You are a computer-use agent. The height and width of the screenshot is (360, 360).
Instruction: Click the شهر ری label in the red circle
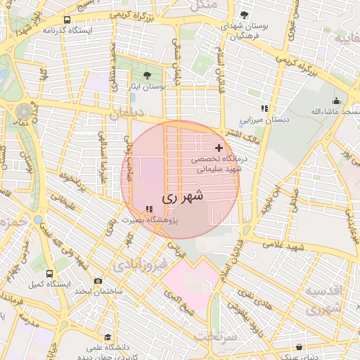tap(182, 198)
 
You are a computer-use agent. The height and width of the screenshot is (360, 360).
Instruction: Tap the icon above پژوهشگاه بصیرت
tap(148, 209)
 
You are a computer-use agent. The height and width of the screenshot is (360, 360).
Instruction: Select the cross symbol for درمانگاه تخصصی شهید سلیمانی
tap(219, 148)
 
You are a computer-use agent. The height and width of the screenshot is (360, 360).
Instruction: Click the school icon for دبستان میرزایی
tap(264, 108)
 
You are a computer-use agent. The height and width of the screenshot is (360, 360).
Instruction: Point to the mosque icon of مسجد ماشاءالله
tap(337, 101)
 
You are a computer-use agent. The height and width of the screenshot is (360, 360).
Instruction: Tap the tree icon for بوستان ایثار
tap(146, 75)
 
